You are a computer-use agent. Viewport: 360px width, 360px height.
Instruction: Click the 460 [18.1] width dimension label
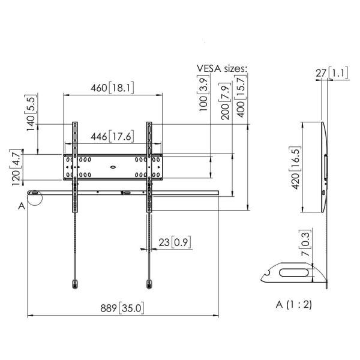click(112, 88)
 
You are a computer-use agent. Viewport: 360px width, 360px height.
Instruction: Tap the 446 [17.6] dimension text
click(112, 136)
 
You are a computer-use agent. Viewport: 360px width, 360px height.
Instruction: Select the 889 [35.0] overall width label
click(122, 308)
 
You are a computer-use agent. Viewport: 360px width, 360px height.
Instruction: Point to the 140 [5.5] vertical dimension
click(31, 113)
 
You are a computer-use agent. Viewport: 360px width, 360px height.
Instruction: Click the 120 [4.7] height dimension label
click(16, 167)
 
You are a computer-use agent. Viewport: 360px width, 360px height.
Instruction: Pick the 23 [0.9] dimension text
click(175, 242)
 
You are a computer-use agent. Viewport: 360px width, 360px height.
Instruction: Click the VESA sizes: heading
click(222, 68)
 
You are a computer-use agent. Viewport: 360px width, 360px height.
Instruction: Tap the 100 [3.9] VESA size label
click(203, 93)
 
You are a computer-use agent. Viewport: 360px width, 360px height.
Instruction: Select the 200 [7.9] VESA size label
click(225, 101)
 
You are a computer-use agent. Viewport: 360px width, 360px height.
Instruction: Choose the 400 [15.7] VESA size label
click(241, 96)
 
